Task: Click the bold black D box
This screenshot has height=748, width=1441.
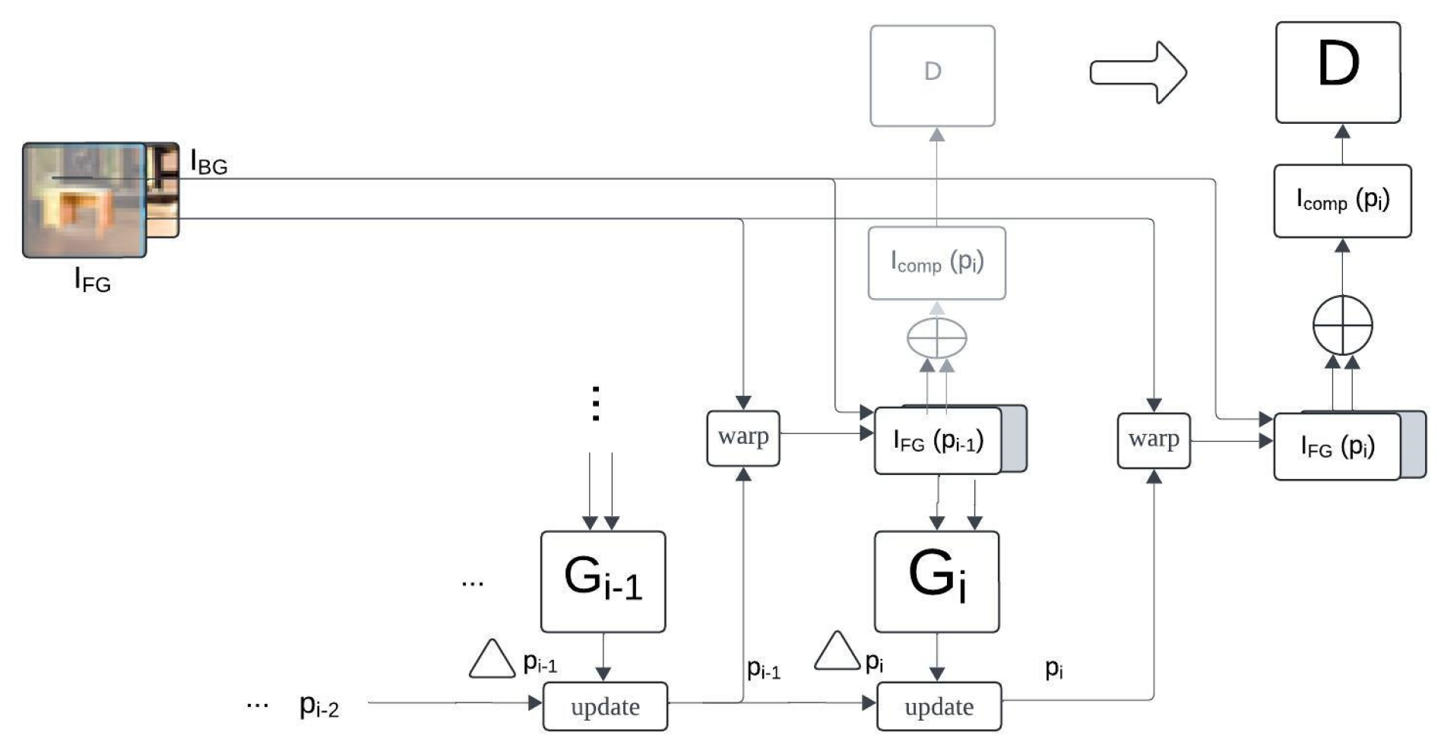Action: click(x=1338, y=72)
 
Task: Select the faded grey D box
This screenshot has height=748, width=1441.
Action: click(x=932, y=76)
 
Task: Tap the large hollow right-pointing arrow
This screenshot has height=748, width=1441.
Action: click(x=1138, y=72)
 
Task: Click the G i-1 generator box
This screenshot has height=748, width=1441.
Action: click(x=603, y=582)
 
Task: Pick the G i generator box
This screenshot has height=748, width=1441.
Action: click(x=936, y=582)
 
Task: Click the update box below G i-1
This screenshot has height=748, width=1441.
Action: click(x=605, y=706)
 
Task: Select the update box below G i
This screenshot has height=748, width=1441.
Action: click(x=939, y=706)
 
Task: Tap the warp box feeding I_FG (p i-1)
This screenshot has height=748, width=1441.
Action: click(x=743, y=438)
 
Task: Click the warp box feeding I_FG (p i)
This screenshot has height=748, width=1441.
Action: click(x=1153, y=440)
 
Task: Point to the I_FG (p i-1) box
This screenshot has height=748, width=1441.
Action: click(x=938, y=441)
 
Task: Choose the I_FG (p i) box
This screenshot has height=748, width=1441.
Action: click(x=1337, y=446)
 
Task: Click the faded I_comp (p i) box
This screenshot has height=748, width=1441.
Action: click(x=936, y=263)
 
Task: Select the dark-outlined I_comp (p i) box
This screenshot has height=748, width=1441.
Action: click(x=1342, y=201)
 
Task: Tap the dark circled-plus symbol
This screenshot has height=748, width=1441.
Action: click(x=1342, y=325)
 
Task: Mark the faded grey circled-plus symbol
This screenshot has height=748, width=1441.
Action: click(x=936, y=338)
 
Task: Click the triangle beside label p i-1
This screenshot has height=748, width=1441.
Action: click(x=492, y=660)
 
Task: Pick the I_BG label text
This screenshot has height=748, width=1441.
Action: click(x=208, y=163)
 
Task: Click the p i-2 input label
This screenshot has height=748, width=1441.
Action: click(x=319, y=705)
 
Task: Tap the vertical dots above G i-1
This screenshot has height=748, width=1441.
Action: click(x=596, y=403)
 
